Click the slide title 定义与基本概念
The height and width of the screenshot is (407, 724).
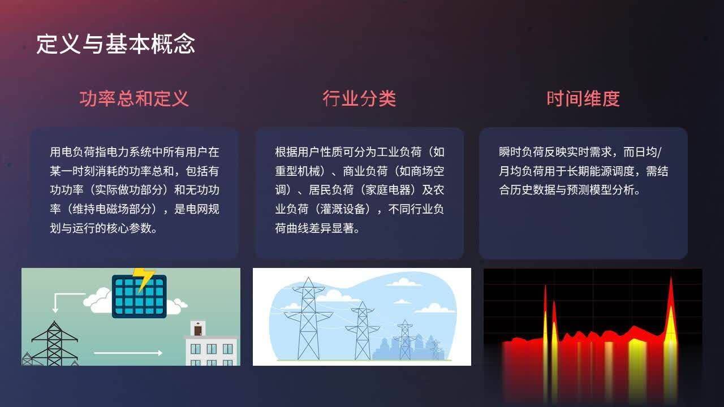[x=116, y=44]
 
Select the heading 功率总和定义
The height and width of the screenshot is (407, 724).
[x=134, y=99]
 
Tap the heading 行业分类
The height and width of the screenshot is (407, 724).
[x=359, y=99]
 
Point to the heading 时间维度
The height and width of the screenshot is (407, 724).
[x=583, y=99]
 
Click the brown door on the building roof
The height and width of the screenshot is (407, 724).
[x=197, y=329]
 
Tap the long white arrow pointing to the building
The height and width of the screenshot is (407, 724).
[x=128, y=353]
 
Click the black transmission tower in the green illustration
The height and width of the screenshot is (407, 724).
[x=54, y=343]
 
